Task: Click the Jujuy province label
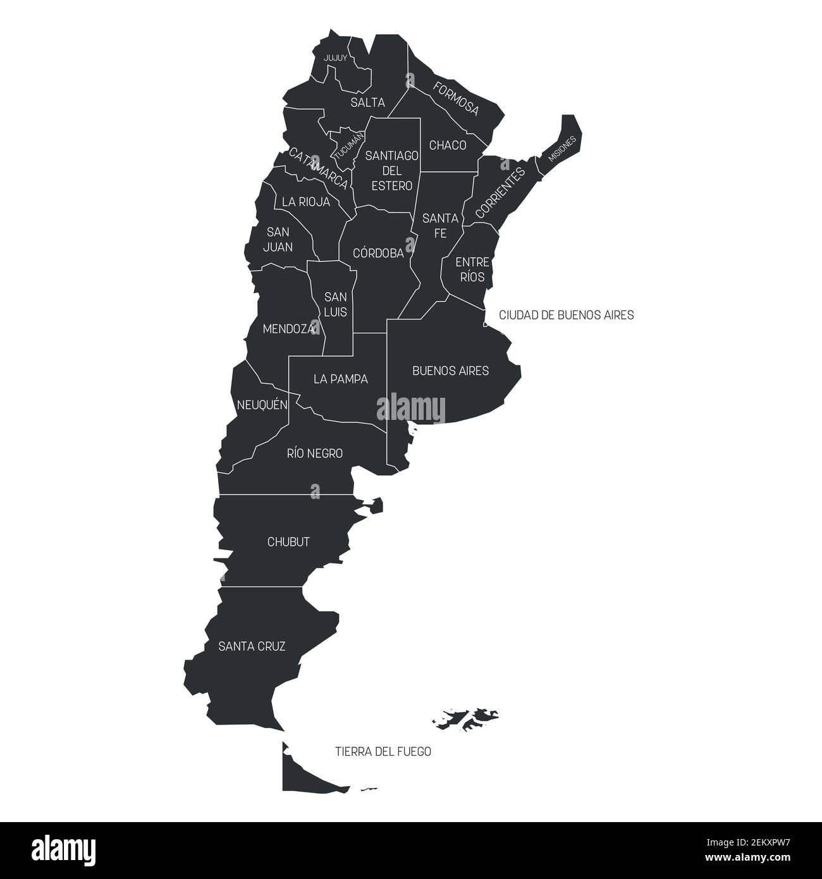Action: (335, 58)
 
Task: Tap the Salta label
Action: (367, 102)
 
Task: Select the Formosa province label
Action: (456, 98)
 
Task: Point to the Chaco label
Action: (448, 145)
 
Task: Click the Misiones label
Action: (562, 149)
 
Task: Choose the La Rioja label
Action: (306, 202)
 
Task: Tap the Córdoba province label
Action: (378, 254)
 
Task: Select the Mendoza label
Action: (288, 329)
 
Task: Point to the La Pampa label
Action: (341, 379)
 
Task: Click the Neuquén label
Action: (262, 404)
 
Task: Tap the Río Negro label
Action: (315, 453)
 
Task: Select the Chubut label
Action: (288, 542)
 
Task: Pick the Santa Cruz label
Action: (252, 646)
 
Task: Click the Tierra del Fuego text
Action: (383, 751)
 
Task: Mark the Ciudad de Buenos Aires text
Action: (566, 314)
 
